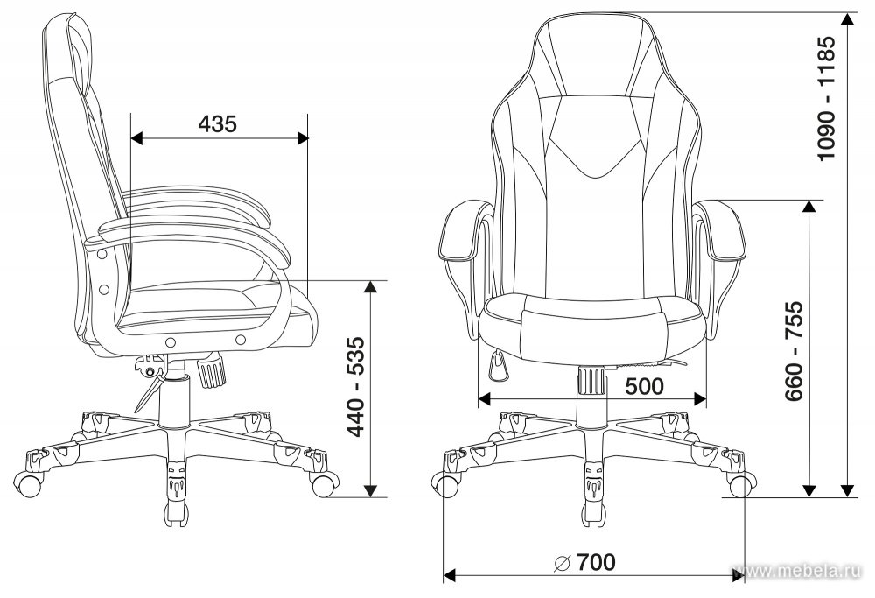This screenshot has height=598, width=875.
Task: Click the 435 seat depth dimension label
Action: (217, 123)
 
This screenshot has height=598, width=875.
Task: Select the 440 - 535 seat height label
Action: (355, 386)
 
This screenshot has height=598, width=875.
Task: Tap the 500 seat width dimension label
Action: (644, 386)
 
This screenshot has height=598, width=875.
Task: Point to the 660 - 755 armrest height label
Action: (794, 351)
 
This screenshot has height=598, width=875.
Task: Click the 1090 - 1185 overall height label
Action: (826, 99)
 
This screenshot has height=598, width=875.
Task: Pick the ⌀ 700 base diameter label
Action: (584, 562)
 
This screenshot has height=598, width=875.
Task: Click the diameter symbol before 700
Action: (562, 563)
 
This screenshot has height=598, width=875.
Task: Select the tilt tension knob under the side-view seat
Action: (211, 369)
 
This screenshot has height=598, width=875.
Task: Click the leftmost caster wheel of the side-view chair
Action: (28, 483)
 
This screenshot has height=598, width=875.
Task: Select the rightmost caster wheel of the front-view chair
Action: (742, 485)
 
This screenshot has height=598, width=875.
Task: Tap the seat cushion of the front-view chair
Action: (591, 329)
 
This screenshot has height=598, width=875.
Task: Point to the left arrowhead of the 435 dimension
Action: (137, 137)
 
